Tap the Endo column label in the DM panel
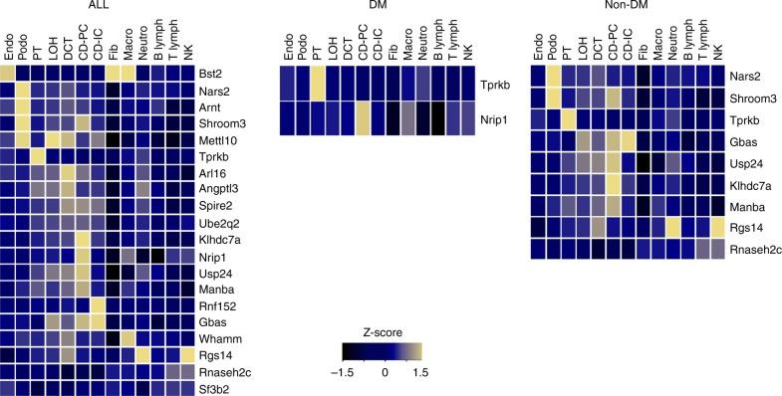[288, 49]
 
